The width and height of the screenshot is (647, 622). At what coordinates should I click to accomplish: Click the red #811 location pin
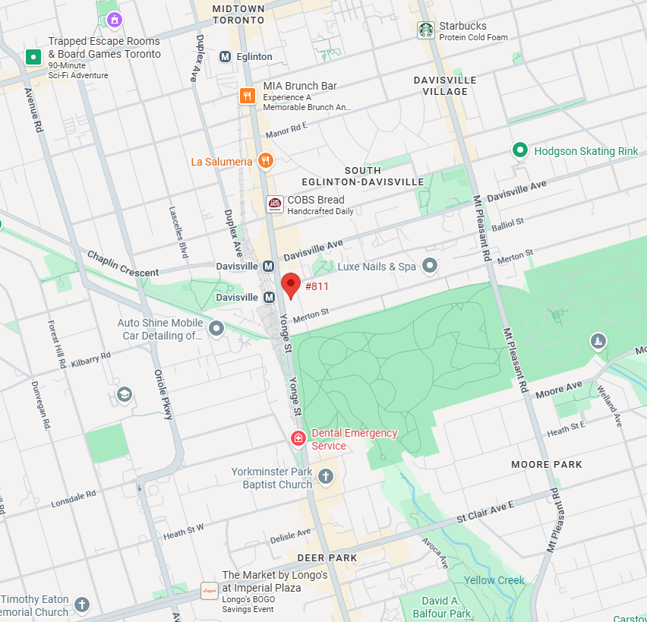click(290, 286)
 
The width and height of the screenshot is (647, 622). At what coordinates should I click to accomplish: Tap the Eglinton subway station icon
click(225, 57)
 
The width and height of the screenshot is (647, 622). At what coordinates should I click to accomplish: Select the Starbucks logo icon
click(425, 30)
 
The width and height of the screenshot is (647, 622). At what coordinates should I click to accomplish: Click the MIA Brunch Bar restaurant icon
click(247, 96)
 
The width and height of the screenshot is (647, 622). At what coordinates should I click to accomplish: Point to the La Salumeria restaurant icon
click(265, 160)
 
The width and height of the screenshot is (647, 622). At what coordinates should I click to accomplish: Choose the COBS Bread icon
click(274, 204)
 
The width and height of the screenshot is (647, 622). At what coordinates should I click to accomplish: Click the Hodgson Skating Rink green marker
click(519, 150)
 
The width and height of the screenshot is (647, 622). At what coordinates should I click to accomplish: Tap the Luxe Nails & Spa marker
click(430, 266)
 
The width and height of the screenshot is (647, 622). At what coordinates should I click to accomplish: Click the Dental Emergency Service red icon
click(298, 438)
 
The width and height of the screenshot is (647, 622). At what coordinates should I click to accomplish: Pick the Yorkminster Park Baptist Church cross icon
click(325, 477)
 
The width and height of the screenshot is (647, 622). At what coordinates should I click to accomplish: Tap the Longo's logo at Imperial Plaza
click(209, 590)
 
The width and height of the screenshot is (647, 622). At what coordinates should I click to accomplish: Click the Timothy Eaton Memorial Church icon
click(81, 605)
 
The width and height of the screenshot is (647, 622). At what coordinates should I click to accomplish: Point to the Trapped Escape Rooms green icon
click(33, 57)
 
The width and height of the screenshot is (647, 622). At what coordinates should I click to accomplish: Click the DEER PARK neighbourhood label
click(327, 557)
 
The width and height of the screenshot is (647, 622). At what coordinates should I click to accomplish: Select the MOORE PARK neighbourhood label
click(546, 464)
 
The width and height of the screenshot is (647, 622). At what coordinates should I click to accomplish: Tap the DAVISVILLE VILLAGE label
click(445, 86)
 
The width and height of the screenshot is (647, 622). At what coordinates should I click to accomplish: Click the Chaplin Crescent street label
click(122, 264)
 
